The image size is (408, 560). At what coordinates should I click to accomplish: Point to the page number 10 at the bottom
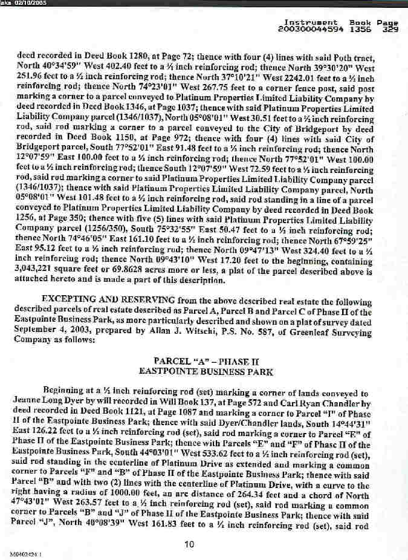click(190, 527)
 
